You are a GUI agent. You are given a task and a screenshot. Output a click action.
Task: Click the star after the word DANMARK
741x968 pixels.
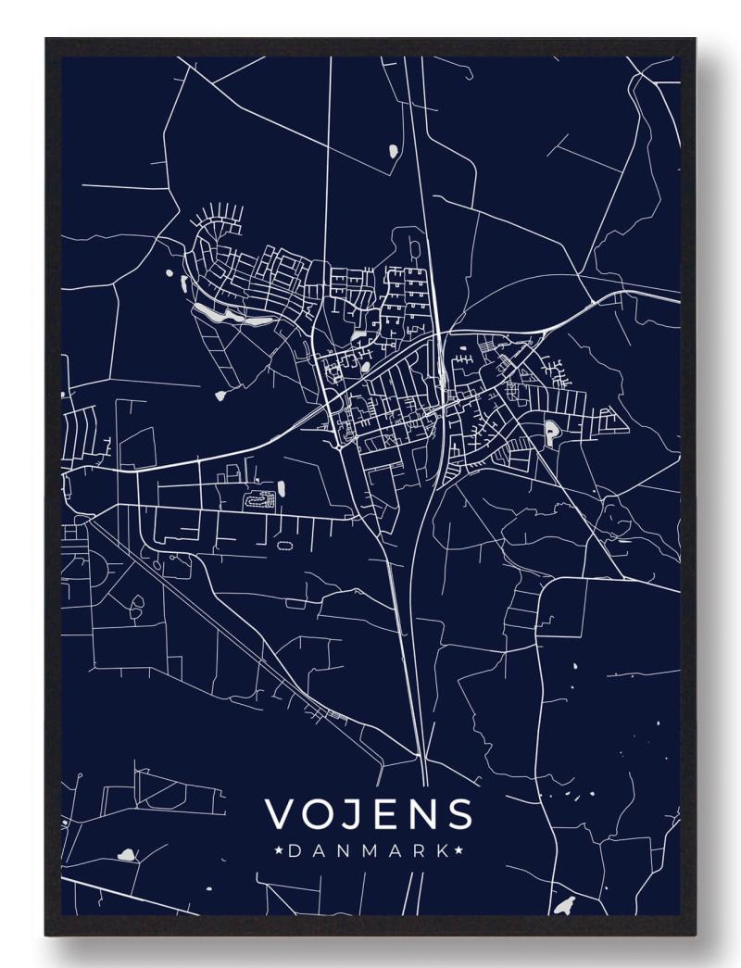tap(460, 849)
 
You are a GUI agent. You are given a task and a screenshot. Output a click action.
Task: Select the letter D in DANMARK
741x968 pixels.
tap(295, 849)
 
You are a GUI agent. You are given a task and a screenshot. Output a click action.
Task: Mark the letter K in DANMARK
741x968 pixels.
tap(443, 849)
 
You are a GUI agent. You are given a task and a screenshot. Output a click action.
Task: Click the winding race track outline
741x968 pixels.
tap(258, 500)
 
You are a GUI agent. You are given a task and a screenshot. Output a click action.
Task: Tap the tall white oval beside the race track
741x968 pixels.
tap(281, 487)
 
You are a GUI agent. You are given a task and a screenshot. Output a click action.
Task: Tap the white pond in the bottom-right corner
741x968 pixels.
tap(565, 905)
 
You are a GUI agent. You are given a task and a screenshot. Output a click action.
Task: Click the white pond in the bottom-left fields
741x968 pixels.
tap(126, 855)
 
